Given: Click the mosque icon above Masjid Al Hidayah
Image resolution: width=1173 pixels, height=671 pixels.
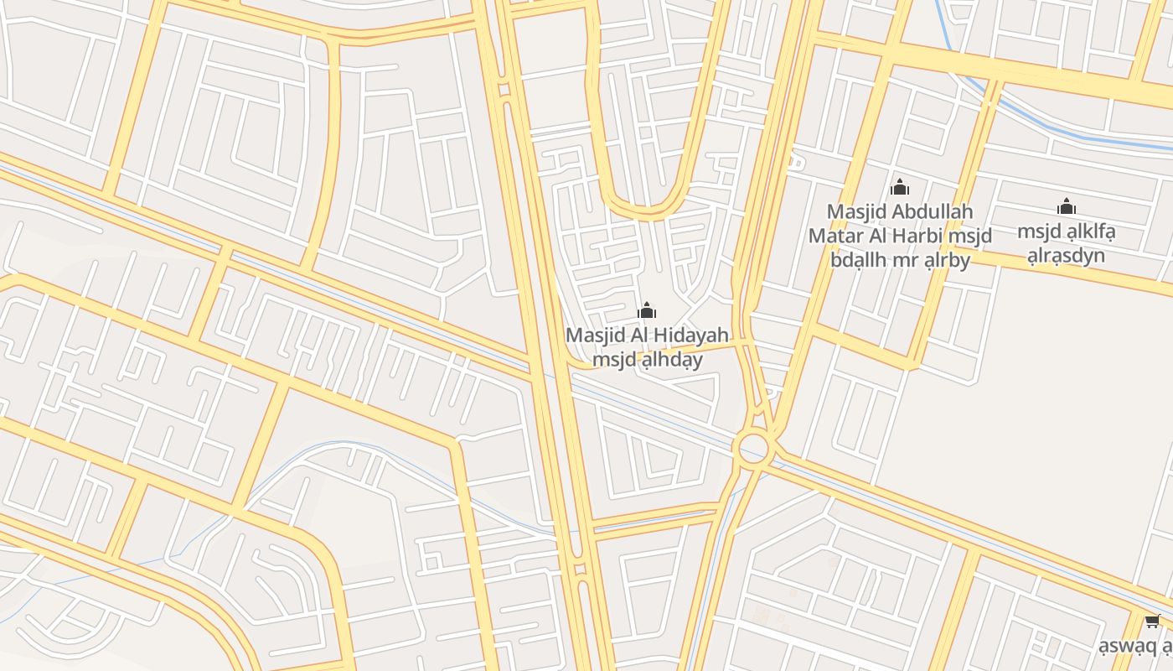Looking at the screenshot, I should click(647, 311).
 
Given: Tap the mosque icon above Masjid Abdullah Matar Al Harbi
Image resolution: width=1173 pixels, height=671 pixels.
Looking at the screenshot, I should click(900, 187).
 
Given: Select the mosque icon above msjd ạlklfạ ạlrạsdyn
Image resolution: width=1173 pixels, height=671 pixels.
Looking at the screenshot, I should click(1067, 206).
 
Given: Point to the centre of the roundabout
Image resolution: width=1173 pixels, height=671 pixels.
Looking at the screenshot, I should click(754, 447).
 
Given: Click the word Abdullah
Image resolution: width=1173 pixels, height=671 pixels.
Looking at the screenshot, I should click(929, 211).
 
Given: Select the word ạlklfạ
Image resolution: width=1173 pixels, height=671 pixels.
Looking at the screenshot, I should click(1087, 231).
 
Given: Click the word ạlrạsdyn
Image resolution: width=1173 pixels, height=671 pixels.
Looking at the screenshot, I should click(1067, 256).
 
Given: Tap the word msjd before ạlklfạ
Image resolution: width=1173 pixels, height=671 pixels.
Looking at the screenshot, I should click(1037, 231).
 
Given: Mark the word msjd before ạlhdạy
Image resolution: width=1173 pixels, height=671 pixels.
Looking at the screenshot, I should click(612, 360).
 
